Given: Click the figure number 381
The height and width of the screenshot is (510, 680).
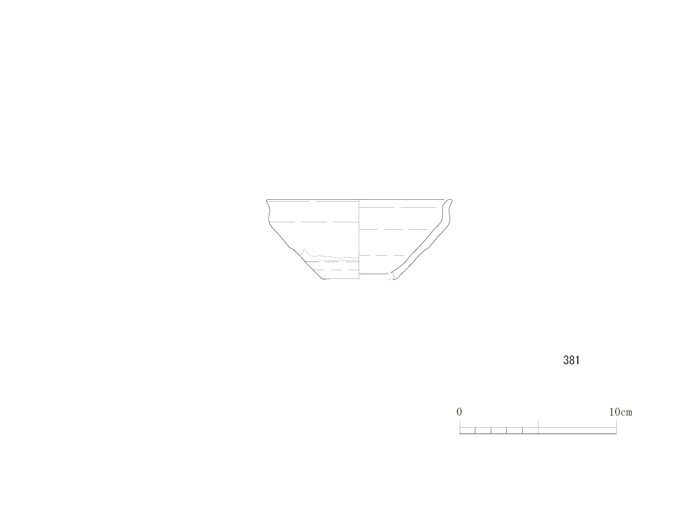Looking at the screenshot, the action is (x=571, y=360).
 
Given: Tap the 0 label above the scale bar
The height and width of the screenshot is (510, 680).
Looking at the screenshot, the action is (x=460, y=412).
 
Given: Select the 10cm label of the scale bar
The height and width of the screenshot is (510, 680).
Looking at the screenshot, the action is (x=621, y=412).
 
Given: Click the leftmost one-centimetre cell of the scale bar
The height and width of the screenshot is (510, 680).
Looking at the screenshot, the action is (x=467, y=430).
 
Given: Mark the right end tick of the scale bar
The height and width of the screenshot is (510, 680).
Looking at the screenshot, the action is (x=616, y=427).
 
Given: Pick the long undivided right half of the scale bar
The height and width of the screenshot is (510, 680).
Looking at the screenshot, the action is (x=577, y=430).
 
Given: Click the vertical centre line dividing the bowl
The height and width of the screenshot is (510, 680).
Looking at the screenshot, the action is (x=359, y=239).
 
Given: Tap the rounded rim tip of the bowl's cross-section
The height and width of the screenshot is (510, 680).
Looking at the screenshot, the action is (x=450, y=201).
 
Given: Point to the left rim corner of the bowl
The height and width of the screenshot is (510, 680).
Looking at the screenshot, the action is (x=267, y=201).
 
